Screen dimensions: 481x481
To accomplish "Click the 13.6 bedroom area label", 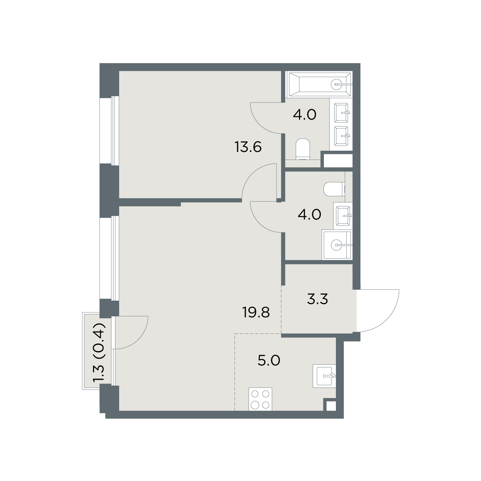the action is click(248, 147).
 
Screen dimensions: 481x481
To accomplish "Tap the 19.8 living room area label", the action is click(256, 312).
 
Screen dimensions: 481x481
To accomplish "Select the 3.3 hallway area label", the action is click(317, 299).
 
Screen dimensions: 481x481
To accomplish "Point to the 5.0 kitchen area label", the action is click(269, 361).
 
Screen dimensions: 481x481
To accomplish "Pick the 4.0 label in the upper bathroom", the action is click(305, 115).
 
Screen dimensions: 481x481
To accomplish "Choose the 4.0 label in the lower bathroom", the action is click(309, 214).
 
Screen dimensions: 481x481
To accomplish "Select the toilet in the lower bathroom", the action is click(334, 189).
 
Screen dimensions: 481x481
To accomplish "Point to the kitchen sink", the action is click(324, 376).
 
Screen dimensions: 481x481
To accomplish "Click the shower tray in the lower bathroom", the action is click(337, 245).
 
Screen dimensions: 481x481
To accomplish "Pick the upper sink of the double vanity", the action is click(341, 113).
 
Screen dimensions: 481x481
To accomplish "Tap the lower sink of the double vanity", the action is click(341, 136).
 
